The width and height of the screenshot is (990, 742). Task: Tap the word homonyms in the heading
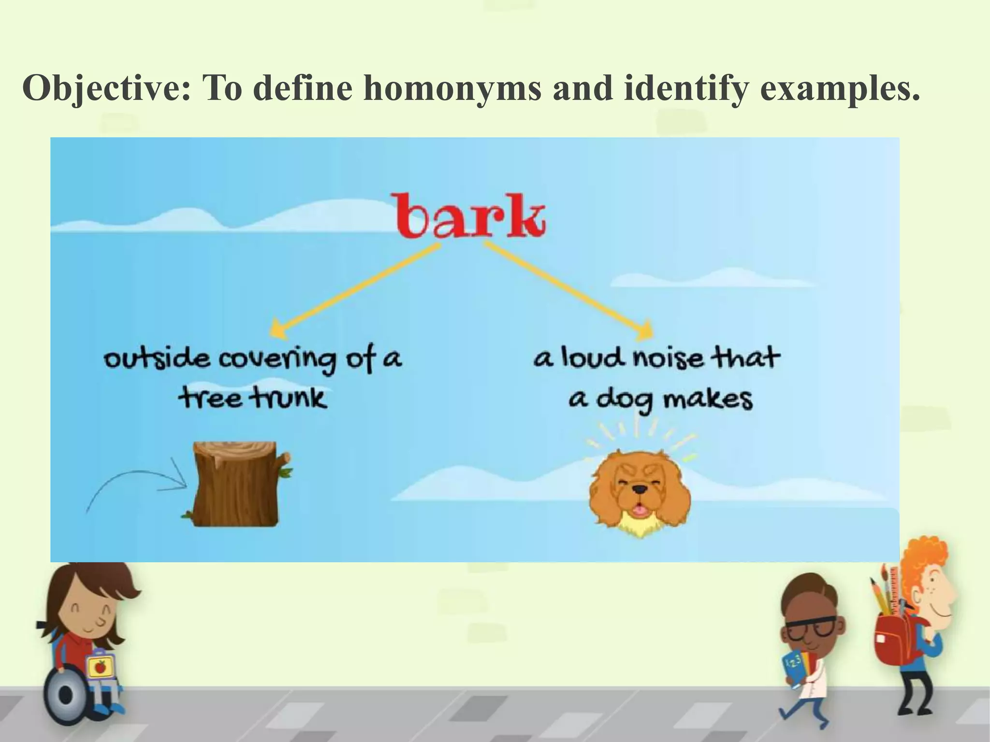pos(451,89)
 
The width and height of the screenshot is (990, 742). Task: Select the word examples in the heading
pos(839,89)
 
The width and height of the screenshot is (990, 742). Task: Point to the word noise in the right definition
pos(668,359)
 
